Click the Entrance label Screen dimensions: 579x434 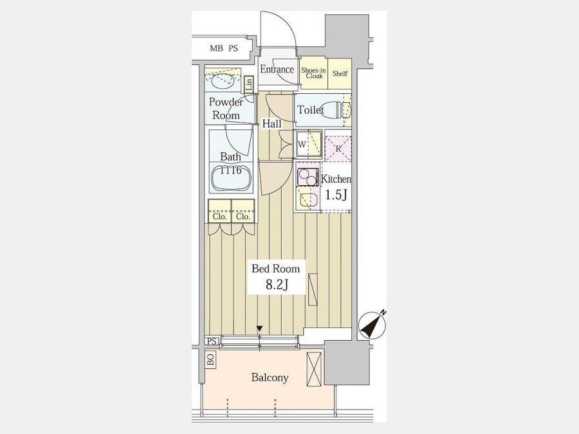click(x=277, y=69)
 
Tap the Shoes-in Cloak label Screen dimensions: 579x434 click(x=314, y=73)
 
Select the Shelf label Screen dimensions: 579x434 click(x=340, y=73)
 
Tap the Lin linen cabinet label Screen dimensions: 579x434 click(x=249, y=84)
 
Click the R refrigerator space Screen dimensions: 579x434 click(x=338, y=149)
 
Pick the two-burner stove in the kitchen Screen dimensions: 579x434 click(x=308, y=177)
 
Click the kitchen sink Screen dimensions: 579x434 click(x=308, y=200)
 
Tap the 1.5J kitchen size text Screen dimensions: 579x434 click(x=336, y=194)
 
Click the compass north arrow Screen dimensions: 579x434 click(x=372, y=325)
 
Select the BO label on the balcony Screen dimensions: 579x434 click(x=210, y=359)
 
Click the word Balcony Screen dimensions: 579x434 click(x=270, y=377)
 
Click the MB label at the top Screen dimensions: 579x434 click(x=216, y=48)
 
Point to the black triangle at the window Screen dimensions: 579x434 click(x=260, y=329)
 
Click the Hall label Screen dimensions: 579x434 click(x=271, y=124)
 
